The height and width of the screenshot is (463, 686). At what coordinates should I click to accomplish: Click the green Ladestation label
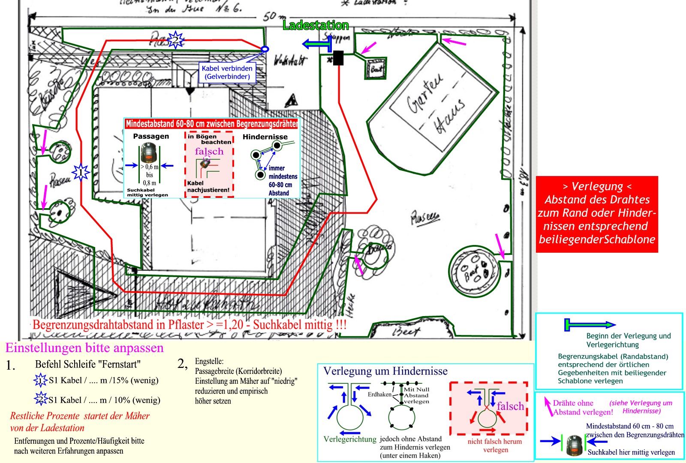(316, 26)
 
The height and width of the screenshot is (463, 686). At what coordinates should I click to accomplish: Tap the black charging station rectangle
(338, 58)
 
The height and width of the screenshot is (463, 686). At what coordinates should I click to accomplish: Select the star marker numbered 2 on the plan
(175, 40)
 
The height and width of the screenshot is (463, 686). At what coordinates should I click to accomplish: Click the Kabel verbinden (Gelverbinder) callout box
(227, 72)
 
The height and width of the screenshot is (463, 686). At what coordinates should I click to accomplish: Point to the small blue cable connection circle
(265, 49)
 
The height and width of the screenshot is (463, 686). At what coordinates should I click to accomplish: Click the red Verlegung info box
(596, 214)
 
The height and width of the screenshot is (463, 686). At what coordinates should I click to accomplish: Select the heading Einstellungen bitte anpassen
(84, 347)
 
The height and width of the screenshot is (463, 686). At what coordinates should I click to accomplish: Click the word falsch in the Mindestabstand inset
(209, 151)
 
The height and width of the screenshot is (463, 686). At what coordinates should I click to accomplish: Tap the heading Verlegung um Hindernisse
(385, 371)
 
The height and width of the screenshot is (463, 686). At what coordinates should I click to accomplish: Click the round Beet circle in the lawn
(475, 271)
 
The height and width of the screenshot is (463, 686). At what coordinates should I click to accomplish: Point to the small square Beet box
(376, 69)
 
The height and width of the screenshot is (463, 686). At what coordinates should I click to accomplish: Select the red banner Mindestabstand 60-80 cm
(211, 124)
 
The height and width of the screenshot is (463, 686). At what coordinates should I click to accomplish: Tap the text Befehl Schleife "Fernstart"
(88, 364)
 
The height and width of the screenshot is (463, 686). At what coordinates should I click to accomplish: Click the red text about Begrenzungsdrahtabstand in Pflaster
(189, 325)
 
